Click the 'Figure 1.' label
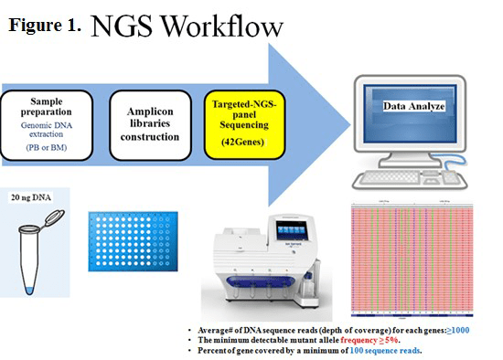pyautogui.click(x=45, y=26)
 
